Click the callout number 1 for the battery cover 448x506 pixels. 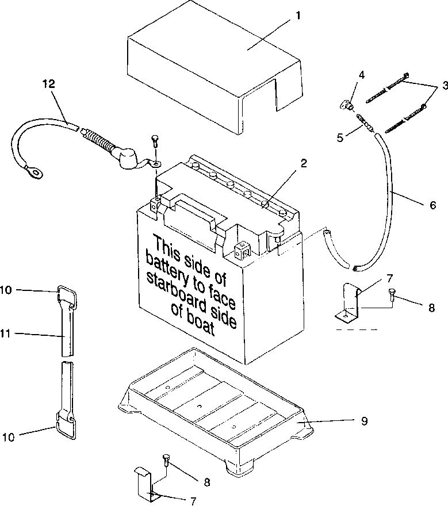(x=298, y=16)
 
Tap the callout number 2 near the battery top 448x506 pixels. (x=304, y=163)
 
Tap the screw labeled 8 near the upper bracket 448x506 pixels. (x=392, y=294)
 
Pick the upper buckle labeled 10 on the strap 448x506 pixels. (x=67, y=296)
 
